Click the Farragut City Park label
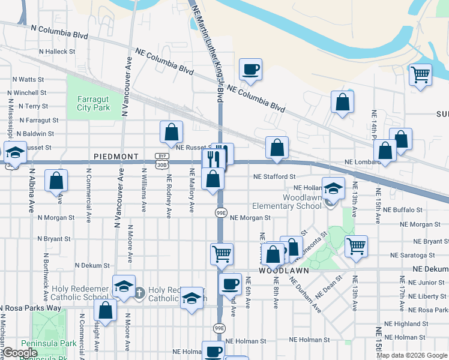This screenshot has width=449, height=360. pos(94,103)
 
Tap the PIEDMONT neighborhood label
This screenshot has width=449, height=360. pos(116,156)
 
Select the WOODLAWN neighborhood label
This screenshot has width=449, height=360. pos(283,271)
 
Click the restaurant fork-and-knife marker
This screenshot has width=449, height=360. pos(214,158)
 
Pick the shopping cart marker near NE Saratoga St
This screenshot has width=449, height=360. pos(357,245)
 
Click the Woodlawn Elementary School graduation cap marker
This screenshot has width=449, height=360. pos(333,188)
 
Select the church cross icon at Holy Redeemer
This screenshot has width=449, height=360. pos(139,293)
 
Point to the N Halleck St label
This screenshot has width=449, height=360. pos(56,52)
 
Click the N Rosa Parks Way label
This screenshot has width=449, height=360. pos(31,308)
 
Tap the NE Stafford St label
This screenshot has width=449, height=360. pos(275,177)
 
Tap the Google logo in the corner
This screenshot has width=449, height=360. pos(20,353)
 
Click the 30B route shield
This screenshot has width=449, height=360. pos(161,163)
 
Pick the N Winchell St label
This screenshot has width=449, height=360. pos(26,93)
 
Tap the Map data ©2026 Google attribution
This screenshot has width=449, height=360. pos(412,355)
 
